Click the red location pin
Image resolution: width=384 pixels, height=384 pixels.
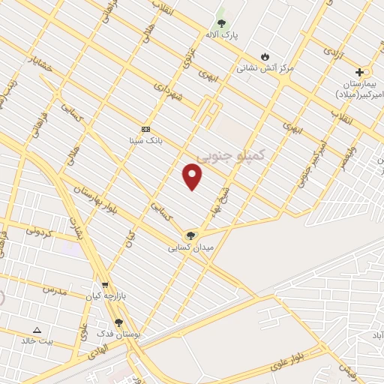click(x=193, y=178)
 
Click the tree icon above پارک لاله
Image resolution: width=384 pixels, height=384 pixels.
click(x=221, y=23)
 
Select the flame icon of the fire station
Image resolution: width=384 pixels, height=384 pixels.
click(x=265, y=56)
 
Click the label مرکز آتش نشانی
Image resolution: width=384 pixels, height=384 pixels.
click(x=265, y=67)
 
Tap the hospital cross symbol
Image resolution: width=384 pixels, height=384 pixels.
click(x=359, y=73)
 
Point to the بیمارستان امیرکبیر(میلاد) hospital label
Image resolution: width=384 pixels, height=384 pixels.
click(x=358, y=88)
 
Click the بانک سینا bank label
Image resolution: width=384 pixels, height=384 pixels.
click(x=145, y=139)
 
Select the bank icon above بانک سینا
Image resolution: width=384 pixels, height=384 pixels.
click(x=145, y=129)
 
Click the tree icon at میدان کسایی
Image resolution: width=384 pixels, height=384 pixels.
click(x=190, y=235)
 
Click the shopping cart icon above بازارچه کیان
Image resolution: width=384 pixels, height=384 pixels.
click(x=104, y=285)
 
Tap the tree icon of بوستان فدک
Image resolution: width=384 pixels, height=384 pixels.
click(x=118, y=322)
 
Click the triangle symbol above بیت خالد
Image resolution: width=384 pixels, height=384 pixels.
click(x=37, y=330)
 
